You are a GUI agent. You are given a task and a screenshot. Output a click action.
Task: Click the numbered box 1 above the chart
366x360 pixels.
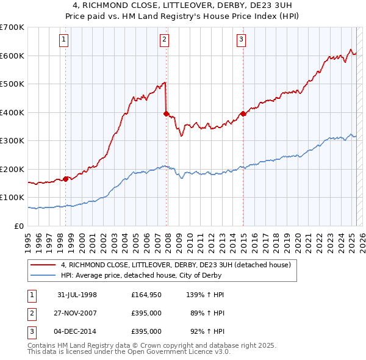(x=64, y=40)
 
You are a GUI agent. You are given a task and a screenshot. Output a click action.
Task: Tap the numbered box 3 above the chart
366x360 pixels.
(x=241, y=40)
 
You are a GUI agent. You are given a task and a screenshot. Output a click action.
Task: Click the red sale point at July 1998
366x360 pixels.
(x=65, y=179)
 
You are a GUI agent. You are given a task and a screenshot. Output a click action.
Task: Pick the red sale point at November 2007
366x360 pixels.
(x=166, y=113)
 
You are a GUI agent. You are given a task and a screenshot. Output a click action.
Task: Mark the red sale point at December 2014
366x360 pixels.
(x=243, y=113)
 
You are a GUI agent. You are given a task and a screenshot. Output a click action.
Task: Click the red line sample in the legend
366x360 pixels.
(x=42, y=265)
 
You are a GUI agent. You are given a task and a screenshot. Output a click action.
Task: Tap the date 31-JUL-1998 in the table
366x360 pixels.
(x=77, y=295)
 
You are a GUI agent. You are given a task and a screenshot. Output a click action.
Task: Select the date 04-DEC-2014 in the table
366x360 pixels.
(x=77, y=331)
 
